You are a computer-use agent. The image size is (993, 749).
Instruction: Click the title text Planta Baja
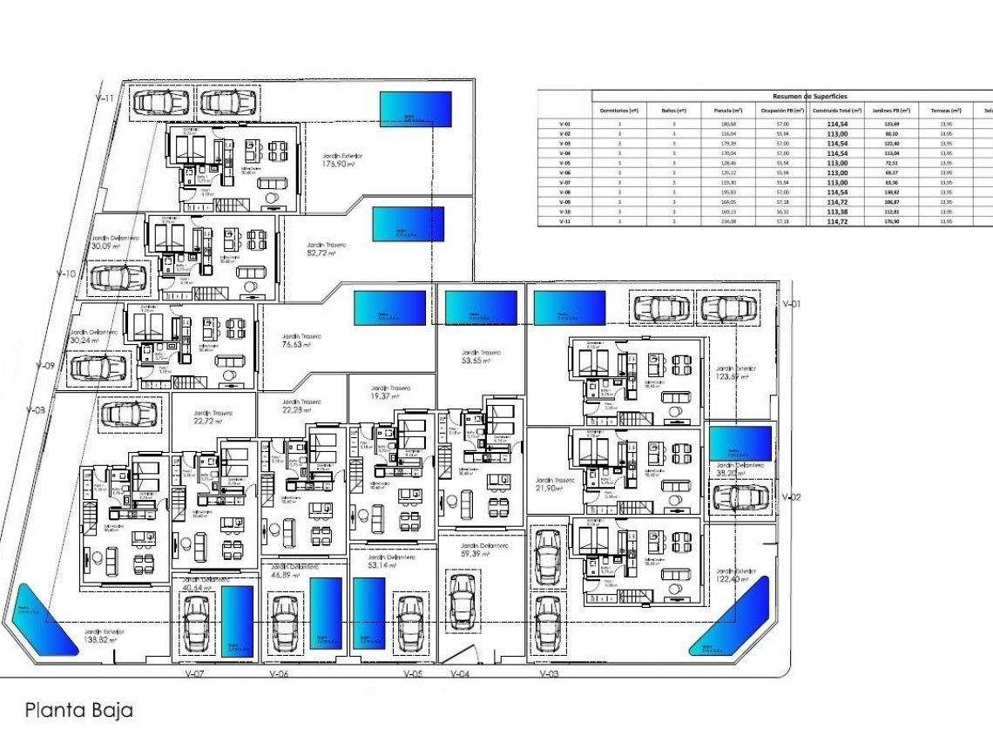click(x=79, y=710)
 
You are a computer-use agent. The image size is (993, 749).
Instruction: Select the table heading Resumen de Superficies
click(x=809, y=96)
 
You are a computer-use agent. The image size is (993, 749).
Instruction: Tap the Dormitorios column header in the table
click(x=619, y=111)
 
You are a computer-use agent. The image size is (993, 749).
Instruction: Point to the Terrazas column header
click(x=946, y=111)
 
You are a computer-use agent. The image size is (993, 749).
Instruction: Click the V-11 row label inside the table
click(x=564, y=222)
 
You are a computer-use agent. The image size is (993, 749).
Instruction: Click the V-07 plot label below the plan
click(x=195, y=674)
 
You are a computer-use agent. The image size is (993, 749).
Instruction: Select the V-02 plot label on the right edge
click(x=791, y=497)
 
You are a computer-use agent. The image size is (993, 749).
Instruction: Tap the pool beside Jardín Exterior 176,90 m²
click(x=415, y=110)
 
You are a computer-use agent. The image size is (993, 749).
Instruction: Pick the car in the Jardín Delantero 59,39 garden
click(x=462, y=599)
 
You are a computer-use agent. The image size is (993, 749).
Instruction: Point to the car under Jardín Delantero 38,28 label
click(x=740, y=498)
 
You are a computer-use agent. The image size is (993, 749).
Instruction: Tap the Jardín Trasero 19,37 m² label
click(x=389, y=393)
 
